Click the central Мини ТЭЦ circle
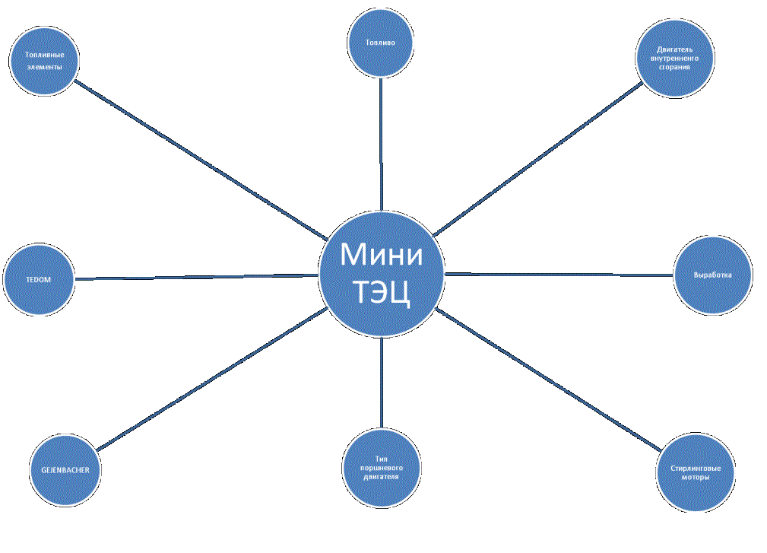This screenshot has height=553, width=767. pyautogui.click(x=382, y=275)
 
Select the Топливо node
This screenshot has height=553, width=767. pyautogui.click(x=381, y=43)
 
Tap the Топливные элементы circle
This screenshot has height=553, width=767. pyautogui.click(x=44, y=61)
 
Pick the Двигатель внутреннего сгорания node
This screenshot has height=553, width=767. pyautogui.click(x=675, y=59)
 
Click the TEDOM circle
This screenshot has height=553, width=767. pyautogui.click(x=39, y=279)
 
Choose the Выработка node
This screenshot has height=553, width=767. pyautogui.click(x=713, y=275)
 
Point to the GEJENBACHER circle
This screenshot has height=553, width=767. pyautogui.click(x=65, y=470)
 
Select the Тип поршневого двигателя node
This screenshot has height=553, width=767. pyautogui.click(x=381, y=468)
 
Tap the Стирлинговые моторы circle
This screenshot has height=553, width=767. pyautogui.click(x=695, y=472)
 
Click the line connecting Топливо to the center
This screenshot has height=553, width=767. pyautogui.click(x=381, y=145)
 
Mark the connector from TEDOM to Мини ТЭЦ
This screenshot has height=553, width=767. pyautogui.click(x=197, y=277)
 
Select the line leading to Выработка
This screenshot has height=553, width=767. pyautogui.click(x=559, y=275)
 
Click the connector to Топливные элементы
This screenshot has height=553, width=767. pyautogui.click(x=201, y=160)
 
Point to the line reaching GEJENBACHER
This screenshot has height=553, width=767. pyautogui.click(x=212, y=379)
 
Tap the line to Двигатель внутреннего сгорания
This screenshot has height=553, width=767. pyautogui.click(x=537, y=159)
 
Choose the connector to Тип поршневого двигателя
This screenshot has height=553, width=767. pyautogui.click(x=382, y=383)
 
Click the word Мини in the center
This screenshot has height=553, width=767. pyautogui.click(x=382, y=255)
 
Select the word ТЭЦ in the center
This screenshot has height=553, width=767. pyautogui.click(x=382, y=292)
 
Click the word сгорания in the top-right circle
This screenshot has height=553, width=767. pyautogui.click(x=674, y=67)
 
